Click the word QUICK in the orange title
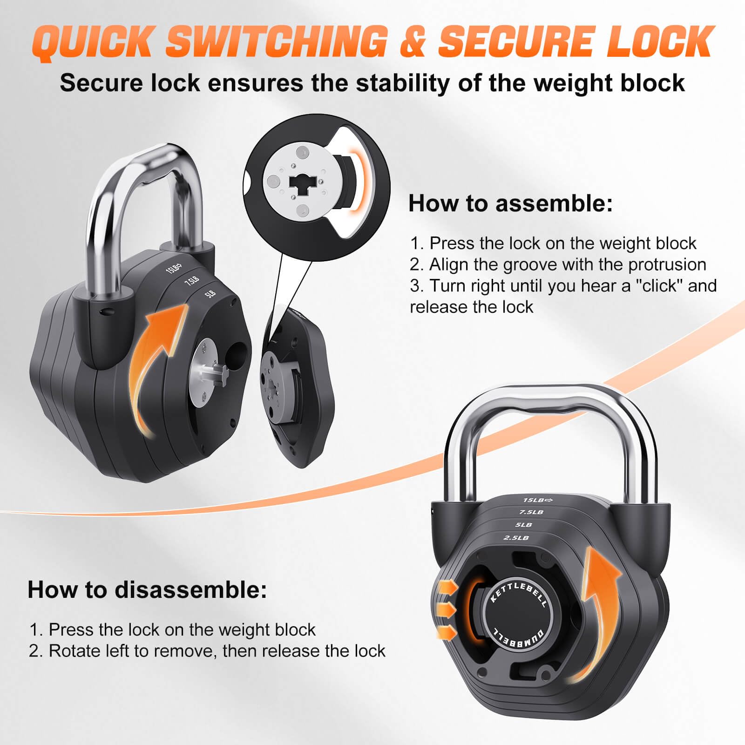pos(93,42)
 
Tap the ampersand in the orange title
pos(412,42)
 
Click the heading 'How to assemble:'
pos(511,203)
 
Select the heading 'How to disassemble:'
pos(148,589)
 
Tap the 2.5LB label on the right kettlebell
pos(516,538)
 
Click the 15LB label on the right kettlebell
pos(537,500)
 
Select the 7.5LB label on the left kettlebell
pos(192,281)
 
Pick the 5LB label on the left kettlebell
pos(210,294)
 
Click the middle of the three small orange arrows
pos(447,610)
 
